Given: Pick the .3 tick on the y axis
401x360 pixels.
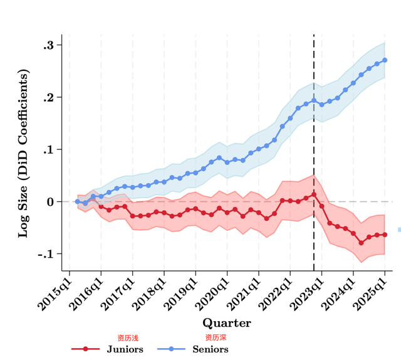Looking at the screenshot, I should coord(48,45).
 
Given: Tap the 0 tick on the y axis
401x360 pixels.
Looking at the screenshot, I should coord(51,201).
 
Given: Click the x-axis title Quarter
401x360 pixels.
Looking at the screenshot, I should coord(226,324).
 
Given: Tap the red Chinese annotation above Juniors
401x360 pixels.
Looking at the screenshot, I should coord(127,338).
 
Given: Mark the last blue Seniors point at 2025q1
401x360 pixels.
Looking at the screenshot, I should coord(385,60).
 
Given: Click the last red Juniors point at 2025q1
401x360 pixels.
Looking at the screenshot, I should coord(385,235).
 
